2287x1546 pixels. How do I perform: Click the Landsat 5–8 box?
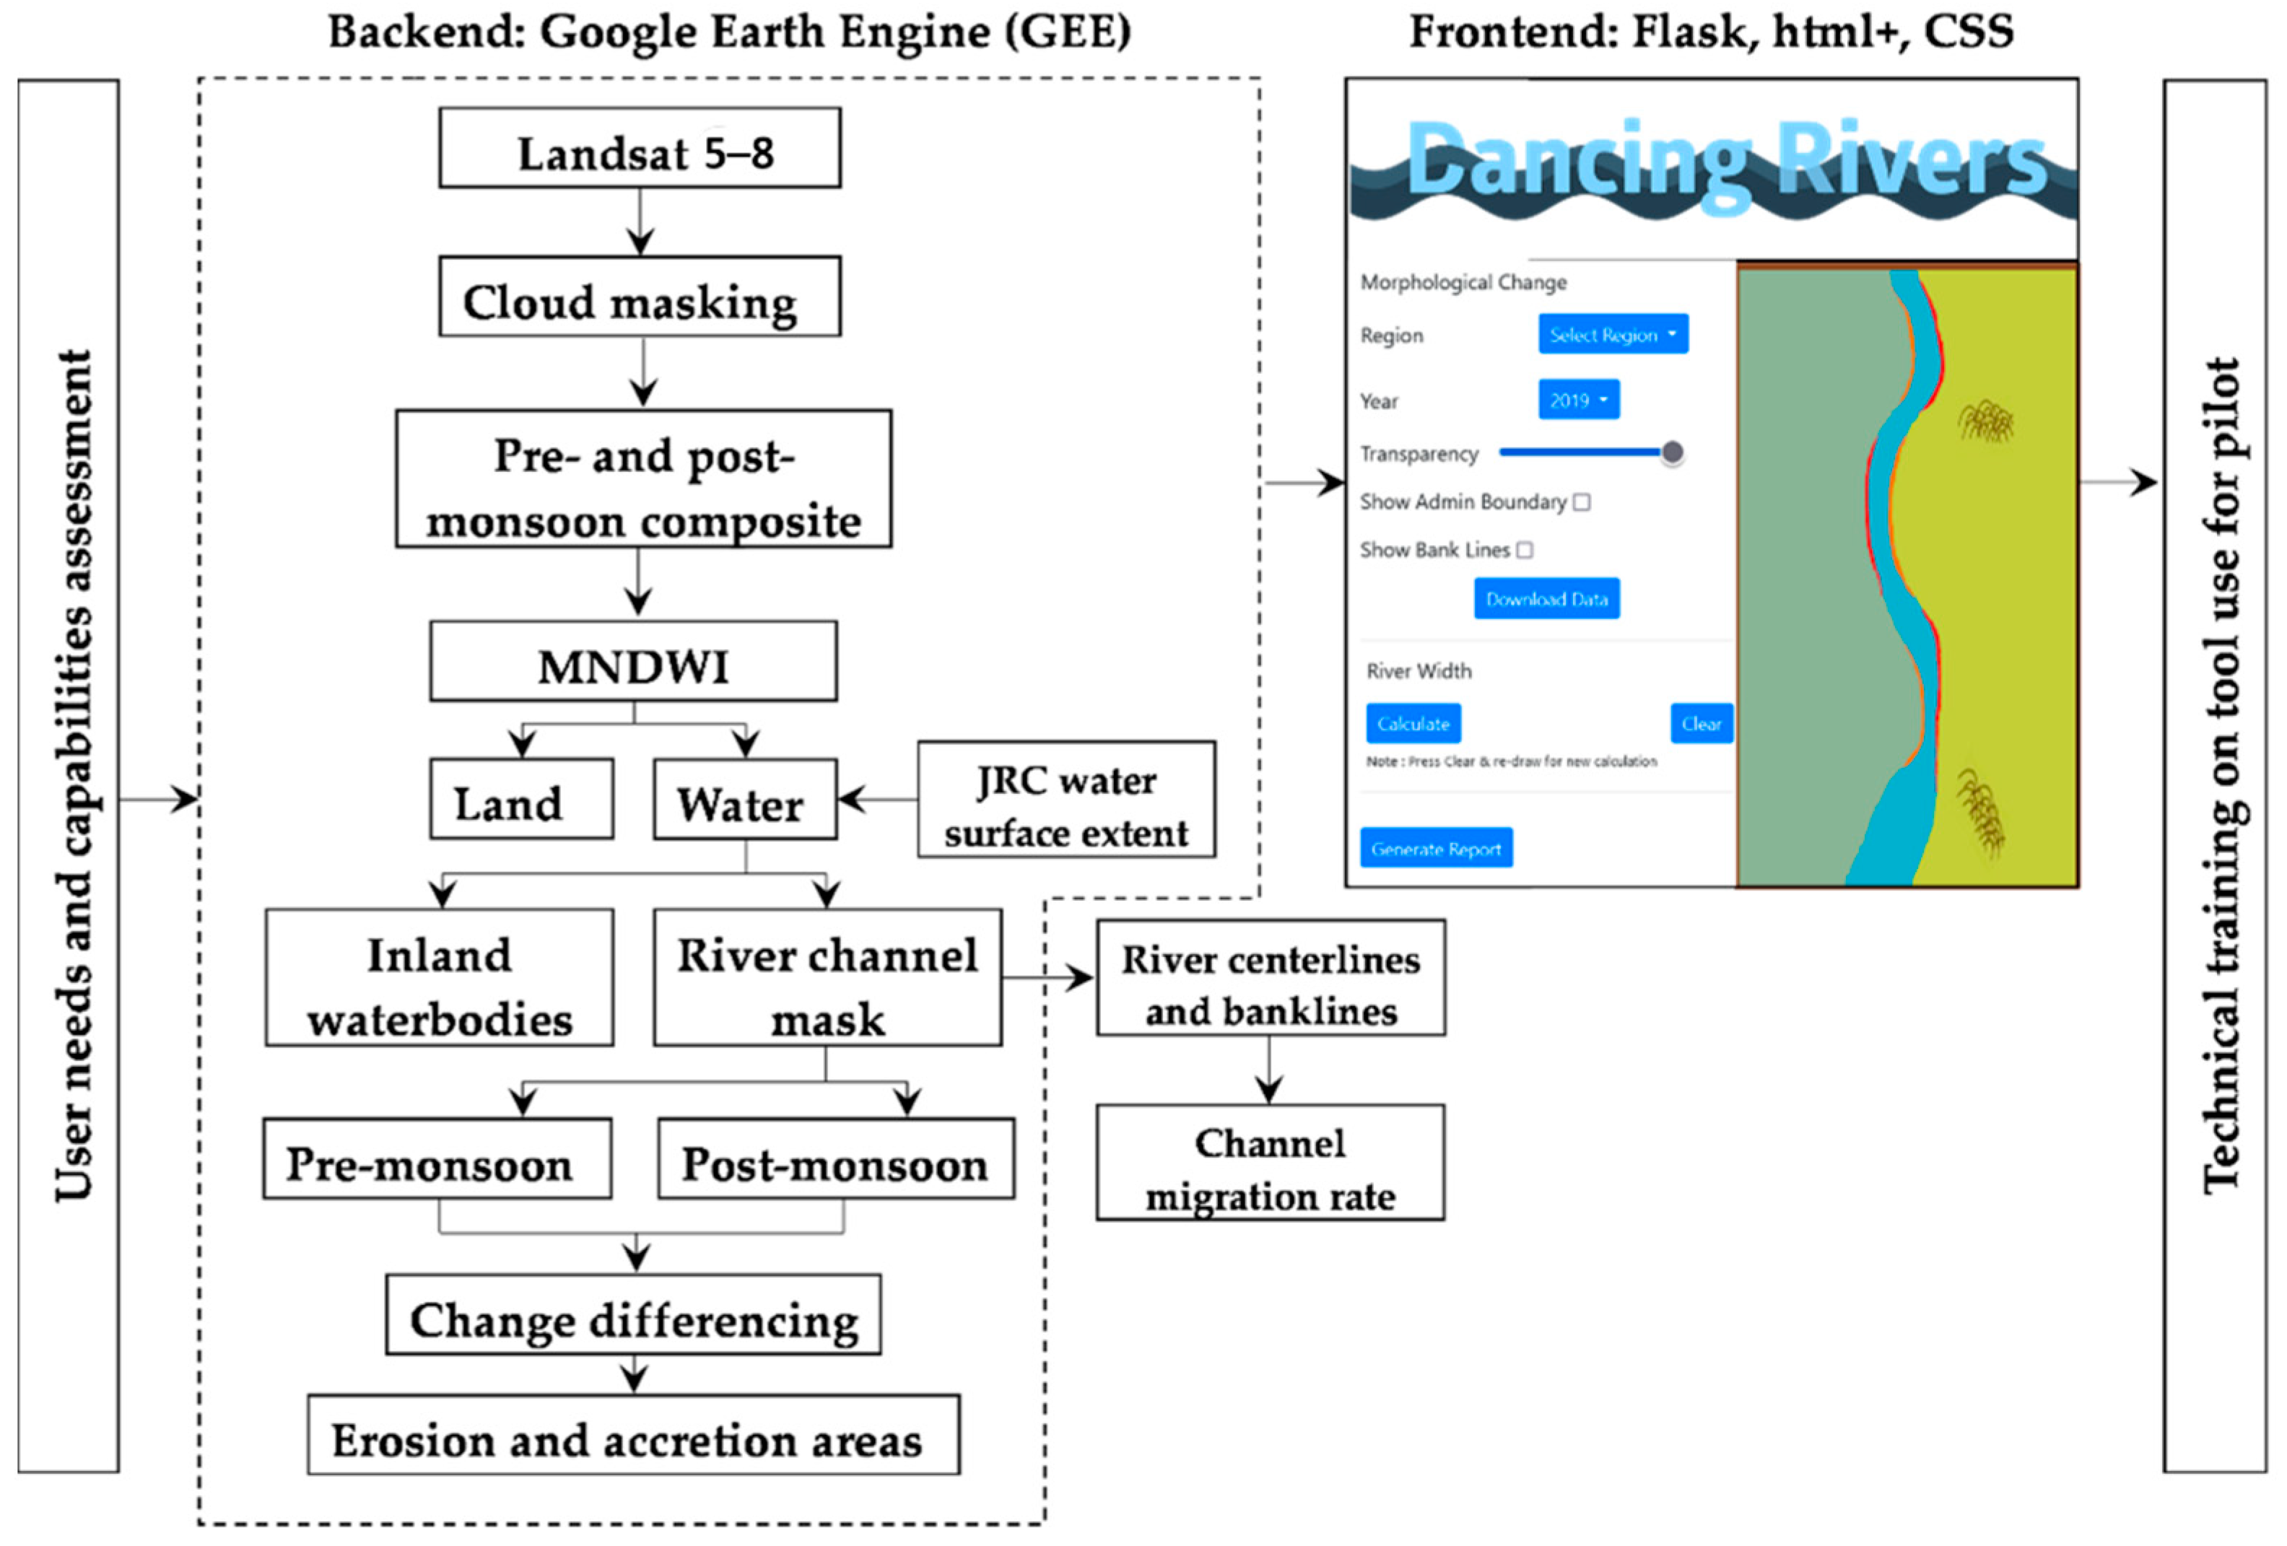[640, 148]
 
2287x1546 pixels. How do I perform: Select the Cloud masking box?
[640, 297]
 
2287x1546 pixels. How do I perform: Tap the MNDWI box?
[634, 661]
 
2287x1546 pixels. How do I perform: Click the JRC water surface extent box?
[1066, 800]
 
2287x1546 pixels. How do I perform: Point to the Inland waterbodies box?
[439, 977]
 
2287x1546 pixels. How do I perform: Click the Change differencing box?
[634, 1315]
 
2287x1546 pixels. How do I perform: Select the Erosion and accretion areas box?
[634, 1435]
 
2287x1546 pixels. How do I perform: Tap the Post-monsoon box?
[835, 1158]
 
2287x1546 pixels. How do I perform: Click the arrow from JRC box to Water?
[876, 799]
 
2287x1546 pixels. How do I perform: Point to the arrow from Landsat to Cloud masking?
[640, 222]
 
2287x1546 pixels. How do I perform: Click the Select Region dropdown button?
[1613, 335]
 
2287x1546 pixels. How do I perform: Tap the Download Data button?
[1546, 598]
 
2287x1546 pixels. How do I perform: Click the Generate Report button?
[1436, 847]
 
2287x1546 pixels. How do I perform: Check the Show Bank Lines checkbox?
[1525, 550]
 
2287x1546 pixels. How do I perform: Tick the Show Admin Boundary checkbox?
[1582, 502]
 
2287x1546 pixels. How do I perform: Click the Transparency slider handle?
[1672, 453]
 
